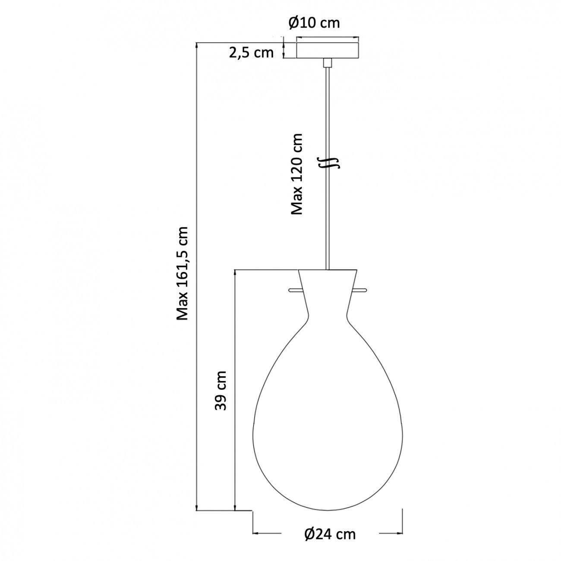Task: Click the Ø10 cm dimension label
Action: [314, 22]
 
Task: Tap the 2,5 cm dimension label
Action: [251, 53]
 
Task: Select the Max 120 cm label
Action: [297, 173]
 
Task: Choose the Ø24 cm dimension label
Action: [330, 534]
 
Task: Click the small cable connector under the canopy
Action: [328, 63]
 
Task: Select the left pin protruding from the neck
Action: [295, 290]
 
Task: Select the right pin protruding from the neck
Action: [360, 290]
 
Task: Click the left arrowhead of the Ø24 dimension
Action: [255, 534]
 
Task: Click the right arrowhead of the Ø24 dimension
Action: [400, 534]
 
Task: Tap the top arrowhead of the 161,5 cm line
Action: [197, 45]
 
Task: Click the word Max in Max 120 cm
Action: [297, 203]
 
